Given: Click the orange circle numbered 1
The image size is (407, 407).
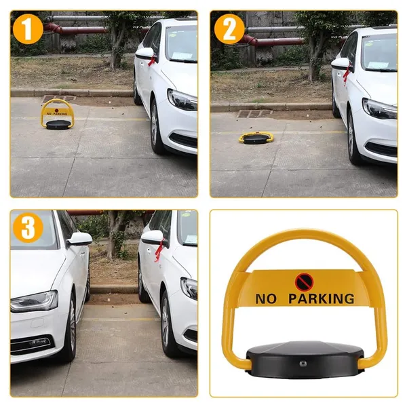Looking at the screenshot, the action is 28,29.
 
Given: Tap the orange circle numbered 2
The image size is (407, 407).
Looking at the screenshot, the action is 229,29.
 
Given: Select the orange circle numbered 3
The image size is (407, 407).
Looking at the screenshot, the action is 28,228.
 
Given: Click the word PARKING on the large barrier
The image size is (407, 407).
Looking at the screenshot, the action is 322,298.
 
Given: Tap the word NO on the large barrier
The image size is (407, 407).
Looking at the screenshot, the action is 265,298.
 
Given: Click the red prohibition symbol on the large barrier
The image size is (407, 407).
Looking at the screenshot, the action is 304,282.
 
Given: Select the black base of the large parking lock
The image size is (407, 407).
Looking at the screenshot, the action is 305,360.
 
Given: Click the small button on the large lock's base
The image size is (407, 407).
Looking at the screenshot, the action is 302,364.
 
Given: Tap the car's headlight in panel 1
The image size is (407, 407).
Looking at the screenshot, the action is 182,100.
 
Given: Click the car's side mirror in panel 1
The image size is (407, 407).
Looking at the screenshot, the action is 144,54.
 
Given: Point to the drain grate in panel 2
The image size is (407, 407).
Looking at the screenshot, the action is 254,114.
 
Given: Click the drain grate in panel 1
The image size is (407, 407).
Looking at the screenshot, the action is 59,98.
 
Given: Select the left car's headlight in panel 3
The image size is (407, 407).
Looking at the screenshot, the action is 35,301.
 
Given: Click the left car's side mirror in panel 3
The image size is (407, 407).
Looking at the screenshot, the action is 79,239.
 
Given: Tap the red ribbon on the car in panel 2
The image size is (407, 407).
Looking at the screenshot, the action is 346,73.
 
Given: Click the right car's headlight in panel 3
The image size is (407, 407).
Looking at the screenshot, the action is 189,288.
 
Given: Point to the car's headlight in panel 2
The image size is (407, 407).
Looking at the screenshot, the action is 379,109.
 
